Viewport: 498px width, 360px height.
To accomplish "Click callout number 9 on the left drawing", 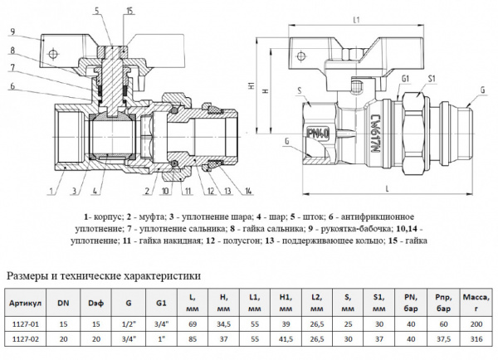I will point(14,32).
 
